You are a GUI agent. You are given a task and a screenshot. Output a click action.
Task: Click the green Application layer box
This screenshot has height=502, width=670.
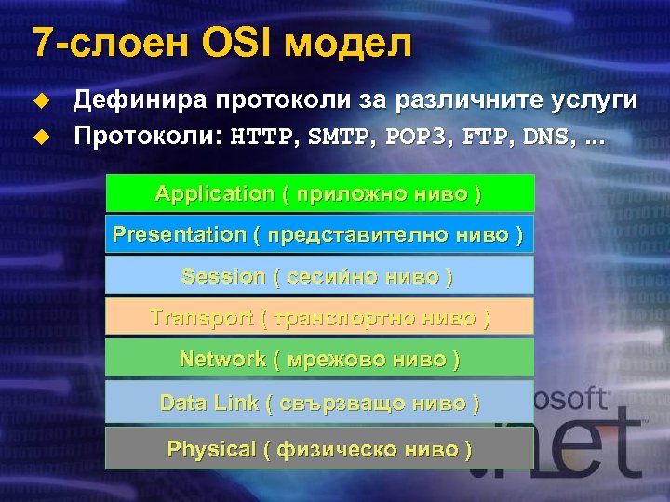(319, 193)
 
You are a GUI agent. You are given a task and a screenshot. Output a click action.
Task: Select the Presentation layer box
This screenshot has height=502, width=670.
(319, 234)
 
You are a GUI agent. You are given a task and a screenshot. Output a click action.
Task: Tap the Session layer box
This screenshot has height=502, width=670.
(319, 276)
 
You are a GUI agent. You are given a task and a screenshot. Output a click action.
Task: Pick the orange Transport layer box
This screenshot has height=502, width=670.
(319, 317)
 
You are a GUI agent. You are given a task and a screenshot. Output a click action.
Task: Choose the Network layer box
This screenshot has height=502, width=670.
(319, 358)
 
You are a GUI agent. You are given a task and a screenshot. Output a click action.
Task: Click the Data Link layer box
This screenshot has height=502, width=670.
(319, 403)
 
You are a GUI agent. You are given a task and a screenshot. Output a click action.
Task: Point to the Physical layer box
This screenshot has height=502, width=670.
(319, 449)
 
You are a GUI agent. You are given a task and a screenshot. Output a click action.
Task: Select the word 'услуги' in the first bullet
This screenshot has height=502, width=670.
(590, 100)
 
